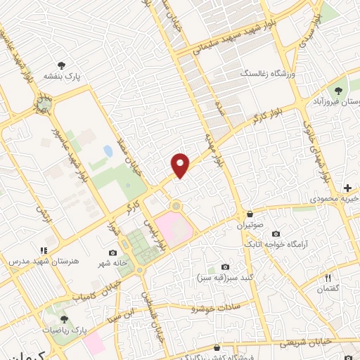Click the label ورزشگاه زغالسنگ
click(266, 73)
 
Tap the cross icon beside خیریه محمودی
click(347, 188)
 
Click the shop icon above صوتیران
click(240, 213)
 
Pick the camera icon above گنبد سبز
click(225, 266)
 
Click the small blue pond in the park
click(108, 151)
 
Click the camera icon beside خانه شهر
click(113, 252)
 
